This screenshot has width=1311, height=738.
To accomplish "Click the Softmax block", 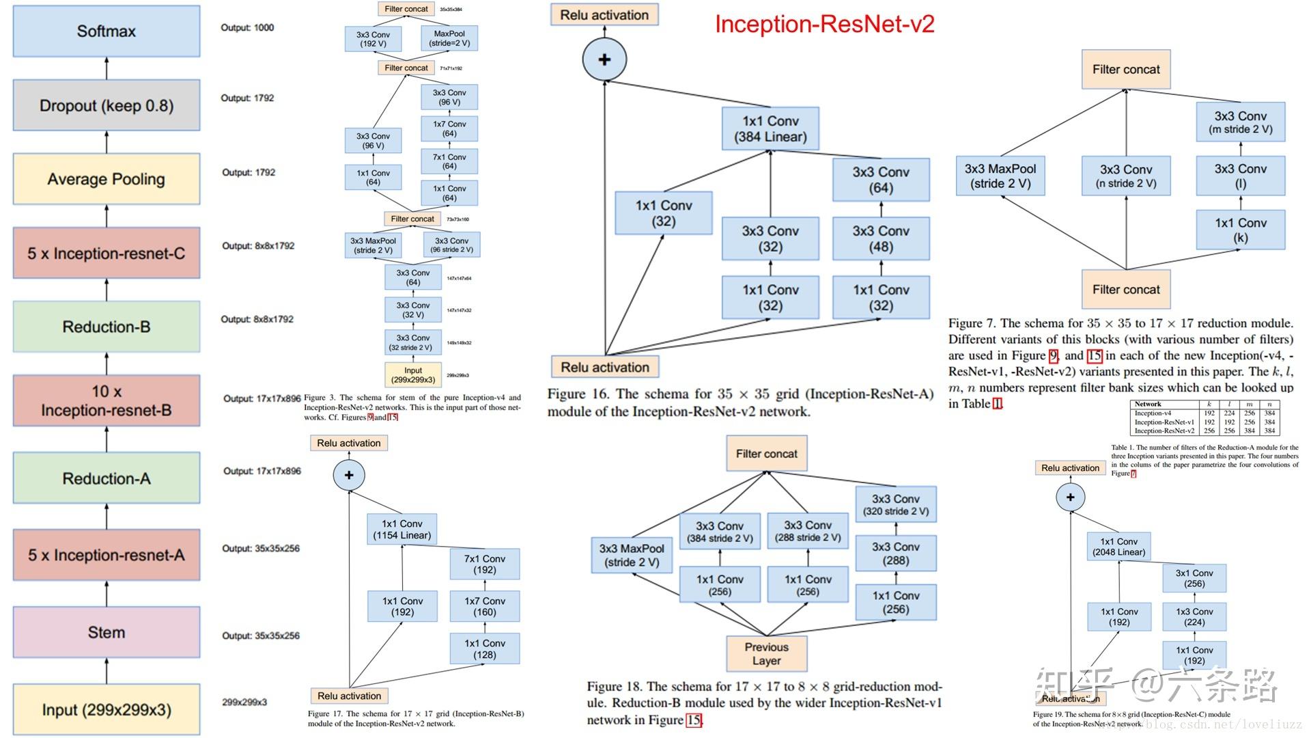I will [107, 31].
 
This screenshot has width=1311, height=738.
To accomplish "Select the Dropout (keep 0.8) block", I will [107, 105].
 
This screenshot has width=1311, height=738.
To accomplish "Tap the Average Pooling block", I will [107, 179].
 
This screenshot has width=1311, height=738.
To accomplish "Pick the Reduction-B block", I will [107, 327].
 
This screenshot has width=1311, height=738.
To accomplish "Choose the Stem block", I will [107, 632].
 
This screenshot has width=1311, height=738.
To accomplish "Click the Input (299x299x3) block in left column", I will [107, 710].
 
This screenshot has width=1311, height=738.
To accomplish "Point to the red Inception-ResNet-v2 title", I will [824, 25].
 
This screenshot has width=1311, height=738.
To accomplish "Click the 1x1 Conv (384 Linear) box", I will [770, 128].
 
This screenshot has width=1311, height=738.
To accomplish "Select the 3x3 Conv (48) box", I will [881, 238].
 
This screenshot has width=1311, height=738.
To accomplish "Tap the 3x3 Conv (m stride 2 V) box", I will [1240, 122].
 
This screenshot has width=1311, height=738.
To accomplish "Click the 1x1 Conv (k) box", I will [1240, 230].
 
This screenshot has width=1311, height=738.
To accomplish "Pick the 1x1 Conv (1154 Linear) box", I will [402, 530].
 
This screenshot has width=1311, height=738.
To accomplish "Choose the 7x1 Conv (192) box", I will [485, 564].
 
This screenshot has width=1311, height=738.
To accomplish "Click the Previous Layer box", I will [766, 653].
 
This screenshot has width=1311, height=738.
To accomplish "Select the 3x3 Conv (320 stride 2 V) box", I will [896, 505].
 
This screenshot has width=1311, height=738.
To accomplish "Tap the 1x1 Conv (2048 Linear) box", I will [1118, 547].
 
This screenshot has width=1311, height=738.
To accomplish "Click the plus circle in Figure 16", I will [604, 59].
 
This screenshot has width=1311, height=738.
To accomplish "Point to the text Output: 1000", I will [247, 28].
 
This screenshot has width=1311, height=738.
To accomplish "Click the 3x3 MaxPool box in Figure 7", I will [1000, 176].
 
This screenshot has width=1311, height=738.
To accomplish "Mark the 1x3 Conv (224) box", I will [1194, 616].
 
